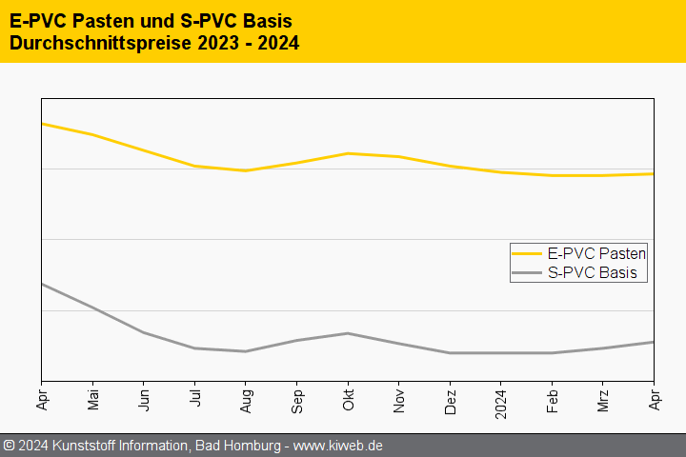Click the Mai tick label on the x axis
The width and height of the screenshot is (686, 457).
click(x=92, y=398)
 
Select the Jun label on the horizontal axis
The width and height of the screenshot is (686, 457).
click(x=144, y=397)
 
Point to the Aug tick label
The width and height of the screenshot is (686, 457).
click(x=246, y=398)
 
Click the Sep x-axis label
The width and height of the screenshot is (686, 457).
click(x=296, y=398)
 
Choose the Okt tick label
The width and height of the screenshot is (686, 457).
click(x=348, y=397)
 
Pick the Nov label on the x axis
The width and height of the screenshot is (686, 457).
click(x=399, y=398)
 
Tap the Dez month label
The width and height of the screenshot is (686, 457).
click(x=450, y=398)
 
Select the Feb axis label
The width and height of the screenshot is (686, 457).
click(x=552, y=398)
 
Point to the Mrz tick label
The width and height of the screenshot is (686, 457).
click(x=603, y=397)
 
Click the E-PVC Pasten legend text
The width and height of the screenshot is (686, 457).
click(x=596, y=253)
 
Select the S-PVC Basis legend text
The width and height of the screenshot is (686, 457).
click(x=592, y=273)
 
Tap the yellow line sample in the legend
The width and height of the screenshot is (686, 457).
click(x=527, y=253)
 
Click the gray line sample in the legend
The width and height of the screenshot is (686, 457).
click(x=527, y=273)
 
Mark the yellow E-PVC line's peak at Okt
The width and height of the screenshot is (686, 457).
click(x=348, y=153)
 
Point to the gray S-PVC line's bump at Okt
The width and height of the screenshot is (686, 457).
click(x=348, y=333)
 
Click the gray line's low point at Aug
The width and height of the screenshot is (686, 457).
click(x=246, y=351)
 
